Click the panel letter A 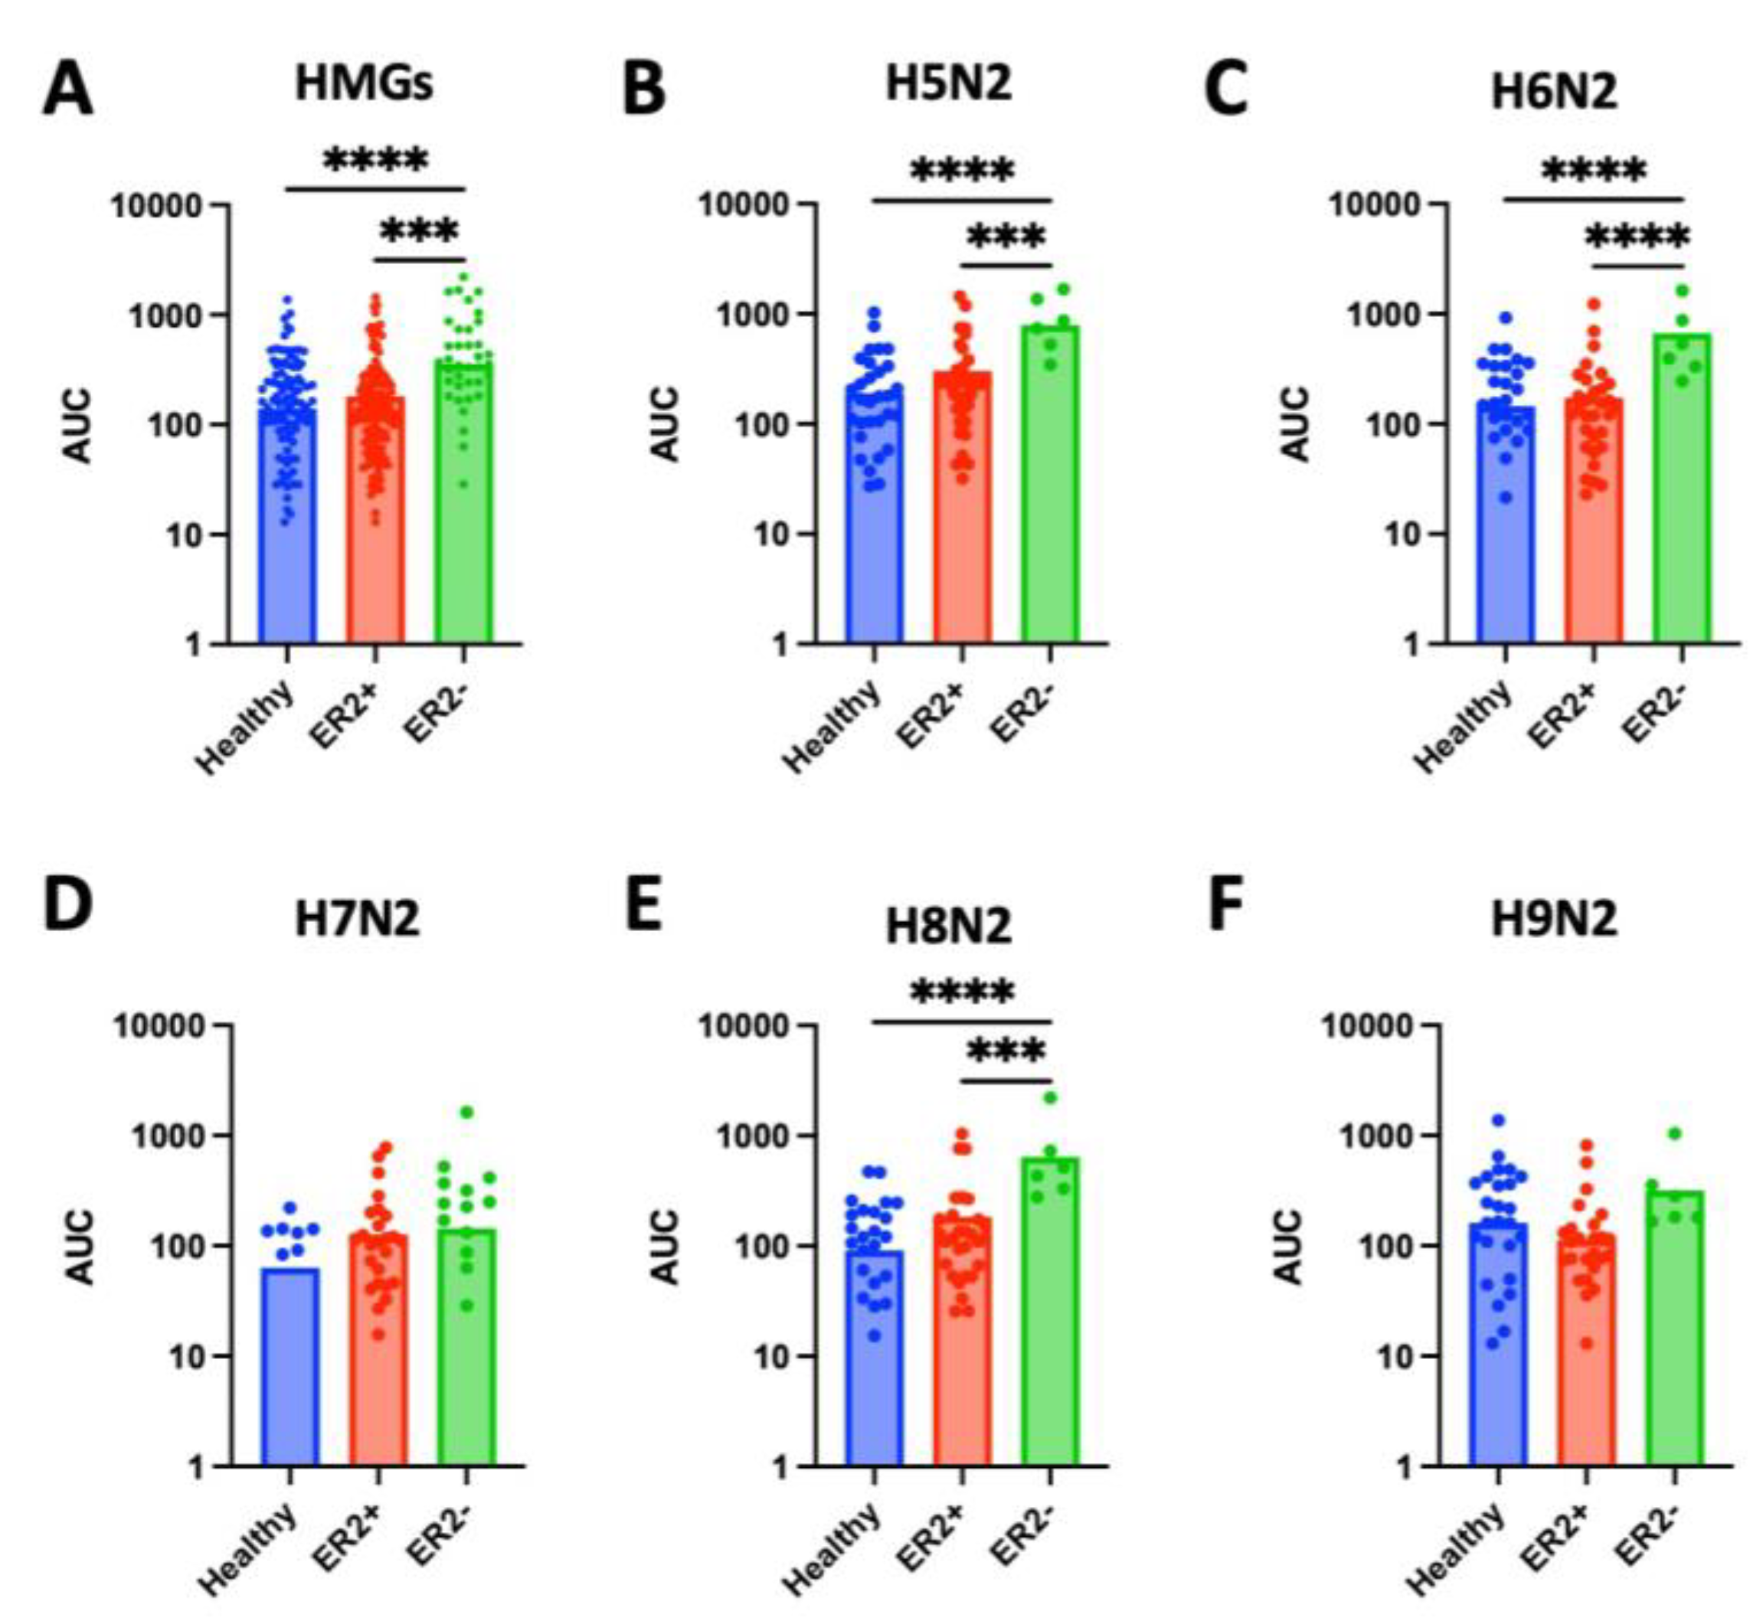(67, 90)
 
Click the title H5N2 (948, 83)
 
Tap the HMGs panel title (363, 84)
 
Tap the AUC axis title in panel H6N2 (1296, 424)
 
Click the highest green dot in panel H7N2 (466, 1113)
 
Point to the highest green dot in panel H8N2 (1050, 1097)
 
